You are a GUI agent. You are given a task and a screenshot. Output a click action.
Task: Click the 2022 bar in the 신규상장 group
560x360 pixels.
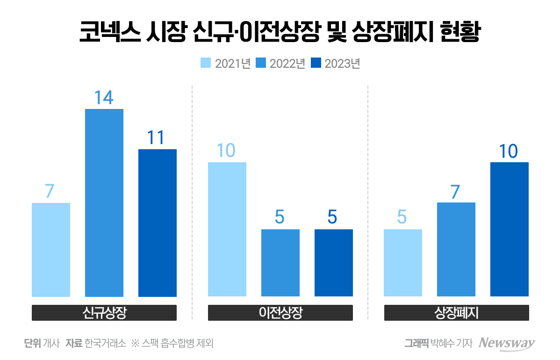[x=104, y=202]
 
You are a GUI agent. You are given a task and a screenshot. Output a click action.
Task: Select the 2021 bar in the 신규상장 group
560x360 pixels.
[x=51, y=249]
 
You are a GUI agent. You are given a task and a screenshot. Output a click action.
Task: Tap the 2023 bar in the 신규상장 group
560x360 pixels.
[x=158, y=223]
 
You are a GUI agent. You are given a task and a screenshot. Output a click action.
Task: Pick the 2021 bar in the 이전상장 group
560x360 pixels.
[x=227, y=229]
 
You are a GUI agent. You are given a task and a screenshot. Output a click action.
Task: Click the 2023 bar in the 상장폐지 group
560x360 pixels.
[x=509, y=229]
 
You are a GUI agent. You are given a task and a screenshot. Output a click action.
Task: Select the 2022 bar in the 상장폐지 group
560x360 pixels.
[x=456, y=249]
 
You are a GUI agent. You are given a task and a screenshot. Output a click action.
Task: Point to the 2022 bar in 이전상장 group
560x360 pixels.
[x=280, y=262]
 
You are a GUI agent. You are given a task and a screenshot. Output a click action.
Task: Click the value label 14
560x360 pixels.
[x=104, y=98]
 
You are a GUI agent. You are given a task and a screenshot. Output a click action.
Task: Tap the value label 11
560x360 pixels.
[x=157, y=138]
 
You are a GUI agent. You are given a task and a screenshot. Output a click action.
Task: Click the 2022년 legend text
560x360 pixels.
[x=287, y=64]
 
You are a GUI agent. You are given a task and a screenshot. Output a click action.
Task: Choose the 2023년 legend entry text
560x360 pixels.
[x=342, y=64]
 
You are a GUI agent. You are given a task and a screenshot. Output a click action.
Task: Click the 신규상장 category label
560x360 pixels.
[x=104, y=313]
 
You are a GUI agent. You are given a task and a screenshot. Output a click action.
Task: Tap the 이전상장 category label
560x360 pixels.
[x=280, y=313]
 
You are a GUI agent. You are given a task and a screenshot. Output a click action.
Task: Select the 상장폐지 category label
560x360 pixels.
[x=456, y=313]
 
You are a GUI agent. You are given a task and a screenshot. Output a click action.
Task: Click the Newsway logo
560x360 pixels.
[x=507, y=343]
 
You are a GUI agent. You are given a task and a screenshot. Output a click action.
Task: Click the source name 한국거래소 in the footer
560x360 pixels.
[x=106, y=344]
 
